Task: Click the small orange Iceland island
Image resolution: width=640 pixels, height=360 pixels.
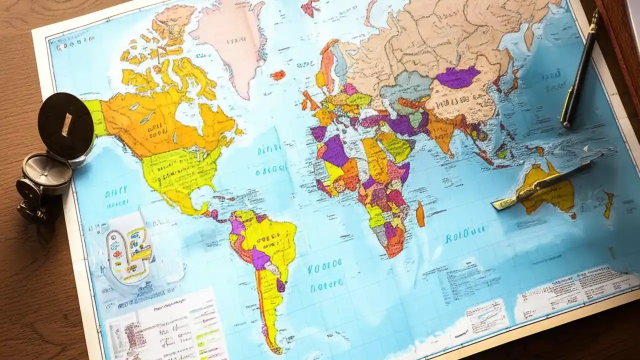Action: tap(278, 75)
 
